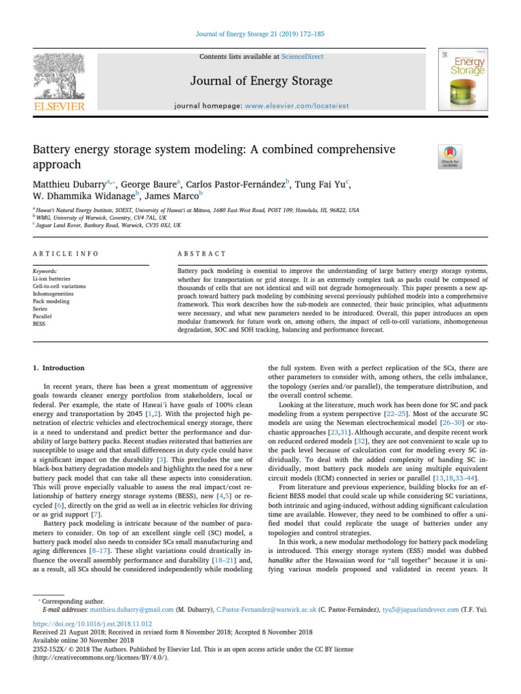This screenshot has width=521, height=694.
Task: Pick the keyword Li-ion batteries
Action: coord(52,279)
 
